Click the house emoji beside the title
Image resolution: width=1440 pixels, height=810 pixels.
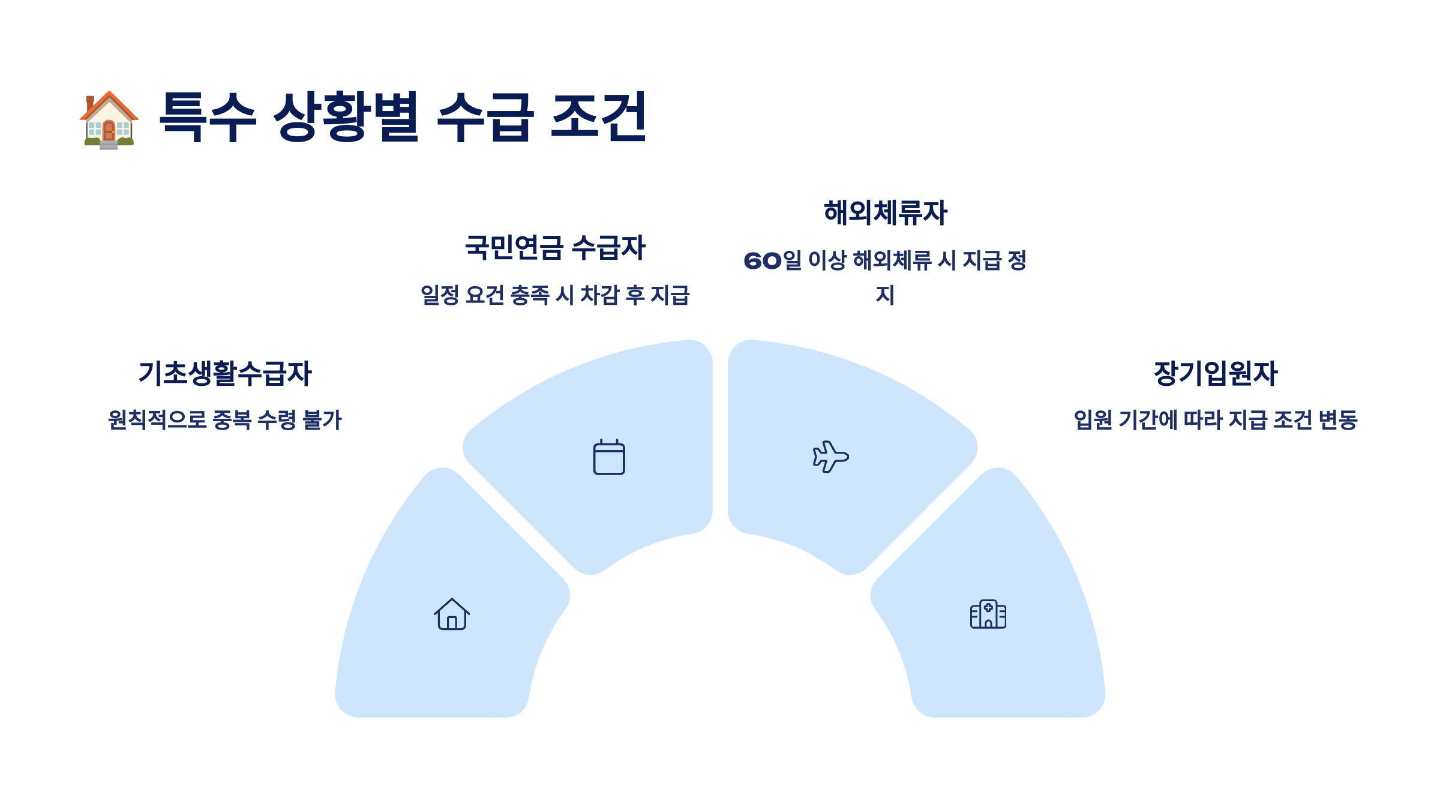[109, 119]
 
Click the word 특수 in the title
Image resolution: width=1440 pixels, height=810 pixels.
[208, 117]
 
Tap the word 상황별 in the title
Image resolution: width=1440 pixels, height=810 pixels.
[346, 117]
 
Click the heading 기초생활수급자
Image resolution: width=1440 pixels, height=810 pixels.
[225, 373]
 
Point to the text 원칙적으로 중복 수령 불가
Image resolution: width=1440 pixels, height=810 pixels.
[225, 419]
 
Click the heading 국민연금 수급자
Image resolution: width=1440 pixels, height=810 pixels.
[555, 247]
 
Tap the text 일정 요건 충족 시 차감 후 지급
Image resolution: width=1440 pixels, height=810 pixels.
[555, 295]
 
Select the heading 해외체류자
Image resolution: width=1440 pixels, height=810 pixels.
[885, 212]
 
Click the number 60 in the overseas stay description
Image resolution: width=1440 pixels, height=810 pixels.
[763, 261]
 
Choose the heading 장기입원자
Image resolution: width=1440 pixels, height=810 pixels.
[1216, 373]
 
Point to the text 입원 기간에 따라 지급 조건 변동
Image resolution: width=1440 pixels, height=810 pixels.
[1216, 419]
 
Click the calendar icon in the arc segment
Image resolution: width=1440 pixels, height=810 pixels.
[609, 457]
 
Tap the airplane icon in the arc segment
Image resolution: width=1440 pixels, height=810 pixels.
[830, 457]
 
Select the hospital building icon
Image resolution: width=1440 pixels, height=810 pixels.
[988, 614]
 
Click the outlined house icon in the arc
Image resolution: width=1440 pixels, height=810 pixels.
[452, 614]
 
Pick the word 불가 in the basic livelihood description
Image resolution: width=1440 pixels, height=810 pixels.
[322, 419]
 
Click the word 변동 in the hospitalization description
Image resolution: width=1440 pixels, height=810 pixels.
[1338, 419]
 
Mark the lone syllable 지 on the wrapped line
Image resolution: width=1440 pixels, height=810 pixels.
[885, 295]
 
